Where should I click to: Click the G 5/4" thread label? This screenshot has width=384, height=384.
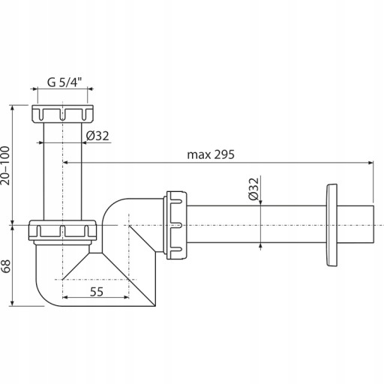tap(64, 82)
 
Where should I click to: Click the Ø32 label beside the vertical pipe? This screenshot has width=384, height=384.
tap(97, 136)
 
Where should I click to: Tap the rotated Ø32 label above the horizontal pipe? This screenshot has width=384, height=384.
tap(253, 189)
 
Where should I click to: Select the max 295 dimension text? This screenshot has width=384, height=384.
tap(211, 154)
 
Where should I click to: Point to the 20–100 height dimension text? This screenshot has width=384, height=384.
tap(5, 166)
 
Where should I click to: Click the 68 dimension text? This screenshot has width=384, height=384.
tap(5, 266)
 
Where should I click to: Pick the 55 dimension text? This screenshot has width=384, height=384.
tap(97, 292)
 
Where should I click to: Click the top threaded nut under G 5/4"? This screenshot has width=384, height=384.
tap(62, 114)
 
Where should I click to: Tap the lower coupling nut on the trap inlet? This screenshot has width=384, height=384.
tap(62, 230)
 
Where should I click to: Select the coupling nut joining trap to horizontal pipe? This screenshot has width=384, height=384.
tap(175, 225)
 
